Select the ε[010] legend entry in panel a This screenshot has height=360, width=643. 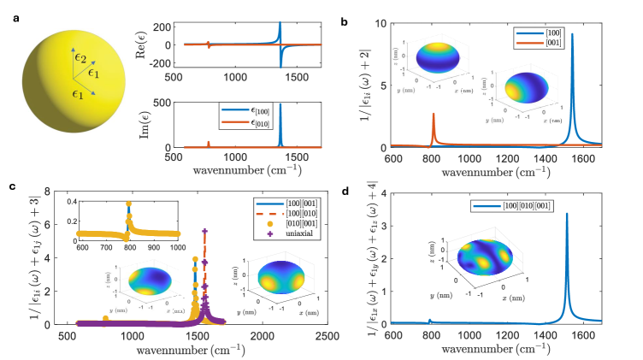click(264, 122)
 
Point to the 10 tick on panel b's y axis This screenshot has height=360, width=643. click(384, 23)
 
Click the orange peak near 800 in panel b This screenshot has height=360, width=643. click(434, 114)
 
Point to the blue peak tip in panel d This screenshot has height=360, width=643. click(567, 214)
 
